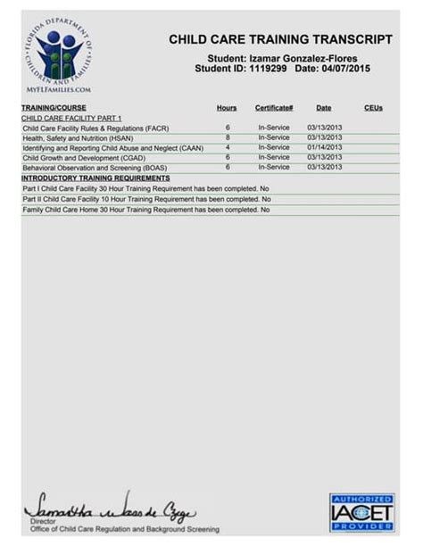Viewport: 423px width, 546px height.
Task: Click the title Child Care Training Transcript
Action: click(280, 39)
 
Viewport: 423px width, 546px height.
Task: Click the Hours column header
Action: click(227, 108)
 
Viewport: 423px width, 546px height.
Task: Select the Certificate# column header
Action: click(274, 108)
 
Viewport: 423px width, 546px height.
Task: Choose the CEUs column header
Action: click(373, 108)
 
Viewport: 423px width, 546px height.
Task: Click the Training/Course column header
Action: click(54, 108)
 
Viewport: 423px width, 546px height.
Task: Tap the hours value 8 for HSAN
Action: click(228, 137)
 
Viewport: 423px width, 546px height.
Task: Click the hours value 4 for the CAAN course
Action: click(228, 147)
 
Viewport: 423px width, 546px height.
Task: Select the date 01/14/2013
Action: click(324, 147)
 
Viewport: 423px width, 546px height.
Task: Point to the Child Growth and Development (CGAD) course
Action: click(78, 158)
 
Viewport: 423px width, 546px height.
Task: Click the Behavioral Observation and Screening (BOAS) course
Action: click(94, 168)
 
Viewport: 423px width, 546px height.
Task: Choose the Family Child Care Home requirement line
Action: click(145, 210)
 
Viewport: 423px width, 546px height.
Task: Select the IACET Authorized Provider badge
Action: click(361, 511)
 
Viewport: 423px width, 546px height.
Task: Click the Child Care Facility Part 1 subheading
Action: click(70, 118)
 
